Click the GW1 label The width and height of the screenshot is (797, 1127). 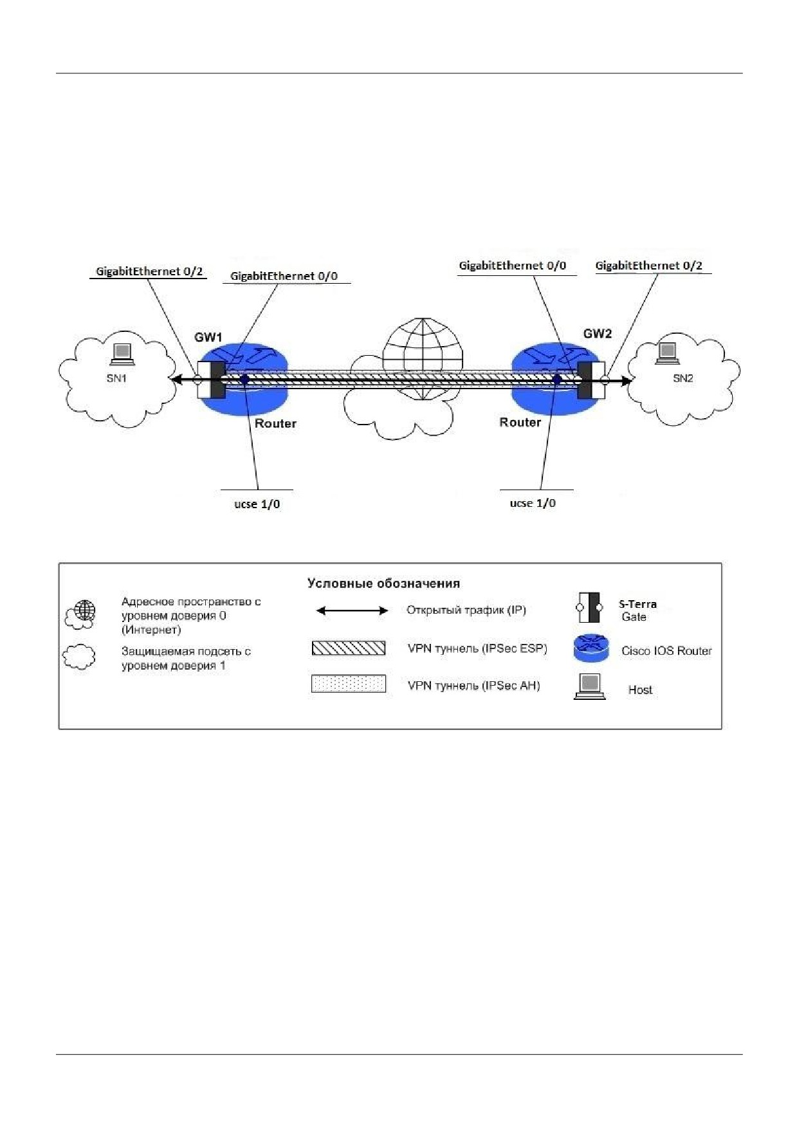[x=208, y=337]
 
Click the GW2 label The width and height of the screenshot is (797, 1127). [x=598, y=333]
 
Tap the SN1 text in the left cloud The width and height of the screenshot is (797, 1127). [x=116, y=378]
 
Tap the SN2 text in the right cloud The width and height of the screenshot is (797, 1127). [x=683, y=378]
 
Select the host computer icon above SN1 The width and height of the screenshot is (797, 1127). [x=122, y=353]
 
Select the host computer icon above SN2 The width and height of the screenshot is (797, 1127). [x=667, y=353]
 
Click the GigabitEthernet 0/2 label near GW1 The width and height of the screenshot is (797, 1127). [x=149, y=271]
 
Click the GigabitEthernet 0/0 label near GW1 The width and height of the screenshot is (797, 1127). [x=284, y=276]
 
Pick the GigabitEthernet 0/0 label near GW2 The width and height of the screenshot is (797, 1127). [x=513, y=266]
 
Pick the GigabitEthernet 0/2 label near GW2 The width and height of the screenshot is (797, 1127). [x=648, y=266]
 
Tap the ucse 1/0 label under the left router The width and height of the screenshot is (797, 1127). [x=257, y=504]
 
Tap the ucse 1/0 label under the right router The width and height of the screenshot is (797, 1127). [x=533, y=503]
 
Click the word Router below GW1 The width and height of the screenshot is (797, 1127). [x=275, y=423]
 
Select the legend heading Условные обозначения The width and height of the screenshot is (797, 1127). [x=383, y=583]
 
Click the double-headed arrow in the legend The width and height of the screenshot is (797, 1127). [x=353, y=610]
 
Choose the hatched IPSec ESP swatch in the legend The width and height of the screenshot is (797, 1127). [x=349, y=648]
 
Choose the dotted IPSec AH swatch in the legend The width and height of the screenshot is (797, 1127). [x=349, y=683]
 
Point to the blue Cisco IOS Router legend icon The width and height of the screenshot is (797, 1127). [x=591, y=648]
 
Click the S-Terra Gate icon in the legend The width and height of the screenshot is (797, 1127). [x=589, y=607]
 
